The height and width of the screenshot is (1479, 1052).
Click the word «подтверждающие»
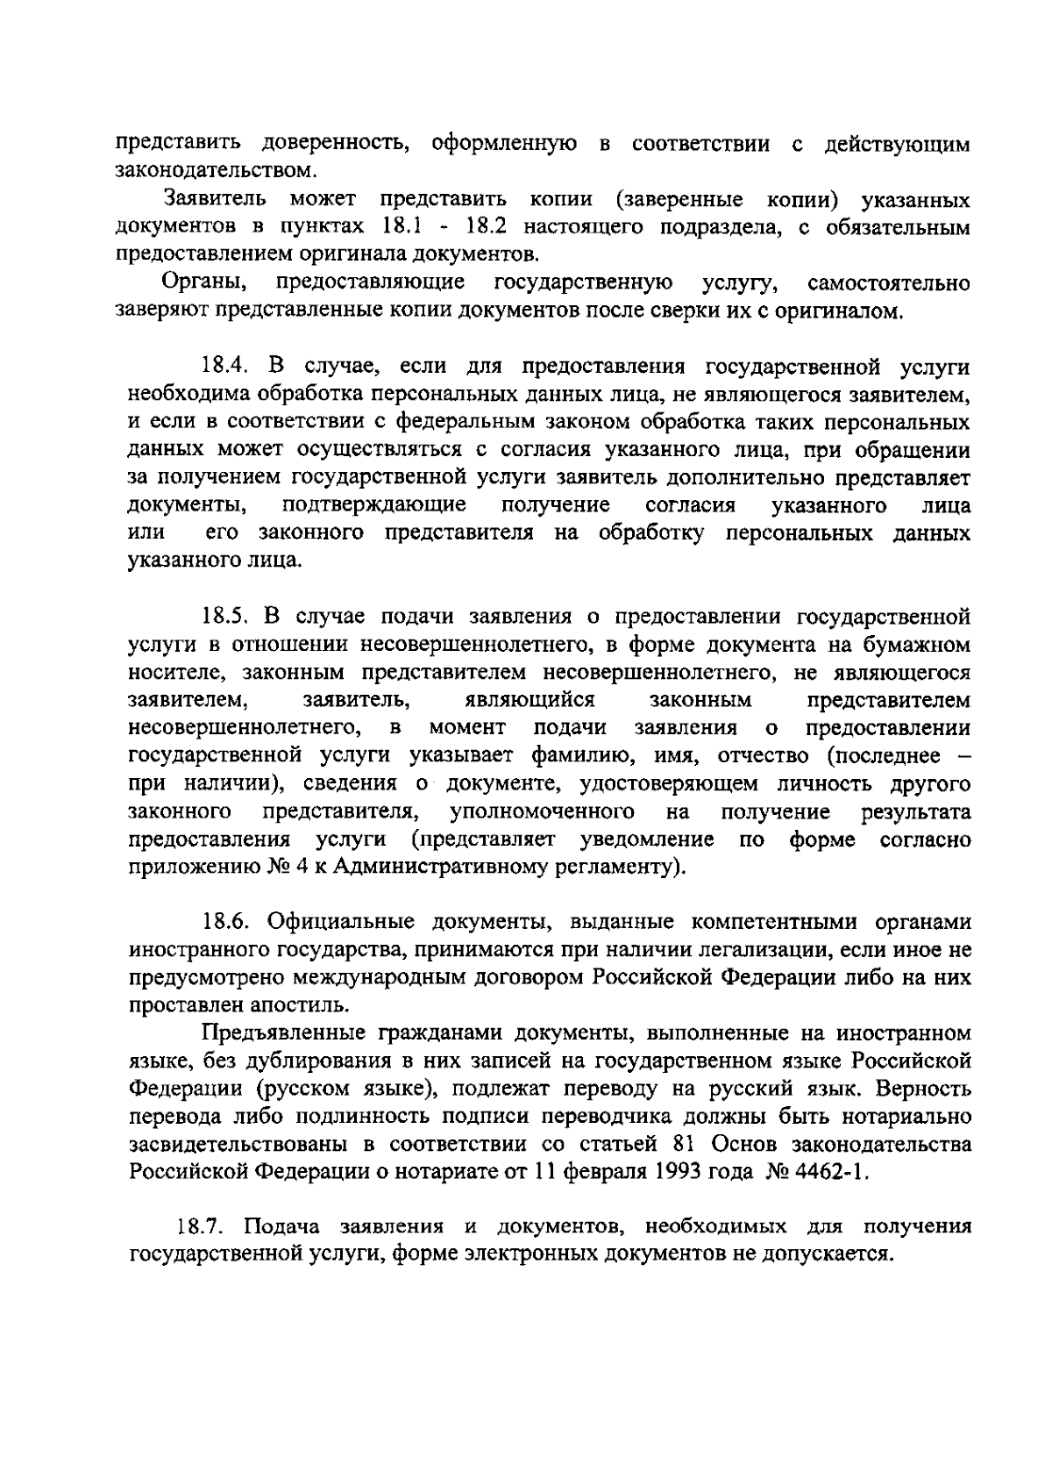(374, 506)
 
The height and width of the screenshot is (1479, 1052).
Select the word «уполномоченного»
(542, 811)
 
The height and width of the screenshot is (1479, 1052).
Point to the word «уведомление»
(647, 840)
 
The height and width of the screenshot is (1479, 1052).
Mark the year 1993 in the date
(675, 1173)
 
